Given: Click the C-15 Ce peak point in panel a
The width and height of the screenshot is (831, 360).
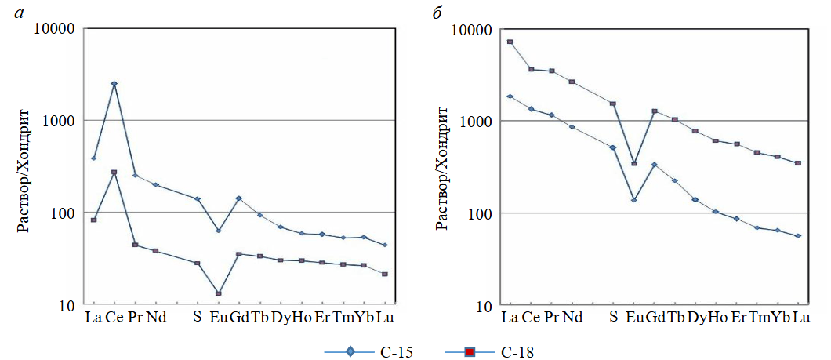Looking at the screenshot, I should (114, 83).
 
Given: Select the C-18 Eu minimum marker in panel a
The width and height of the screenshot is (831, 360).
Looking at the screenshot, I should (218, 293).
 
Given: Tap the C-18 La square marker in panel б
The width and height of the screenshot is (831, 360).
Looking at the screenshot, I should (510, 42).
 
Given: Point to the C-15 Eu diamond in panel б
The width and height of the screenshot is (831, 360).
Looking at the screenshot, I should (633, 199).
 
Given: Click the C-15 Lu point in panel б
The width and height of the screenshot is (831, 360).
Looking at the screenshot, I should (798, 235).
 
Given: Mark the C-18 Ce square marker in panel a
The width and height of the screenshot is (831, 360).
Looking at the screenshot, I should (114, 172).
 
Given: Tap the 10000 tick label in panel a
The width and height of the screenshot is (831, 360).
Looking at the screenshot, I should (56, 29).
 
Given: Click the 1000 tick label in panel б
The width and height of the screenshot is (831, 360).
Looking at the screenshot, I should (476, 122).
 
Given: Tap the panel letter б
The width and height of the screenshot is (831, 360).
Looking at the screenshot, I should (444, 11).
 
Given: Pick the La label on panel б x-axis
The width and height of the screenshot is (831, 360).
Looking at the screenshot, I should (510, 318).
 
